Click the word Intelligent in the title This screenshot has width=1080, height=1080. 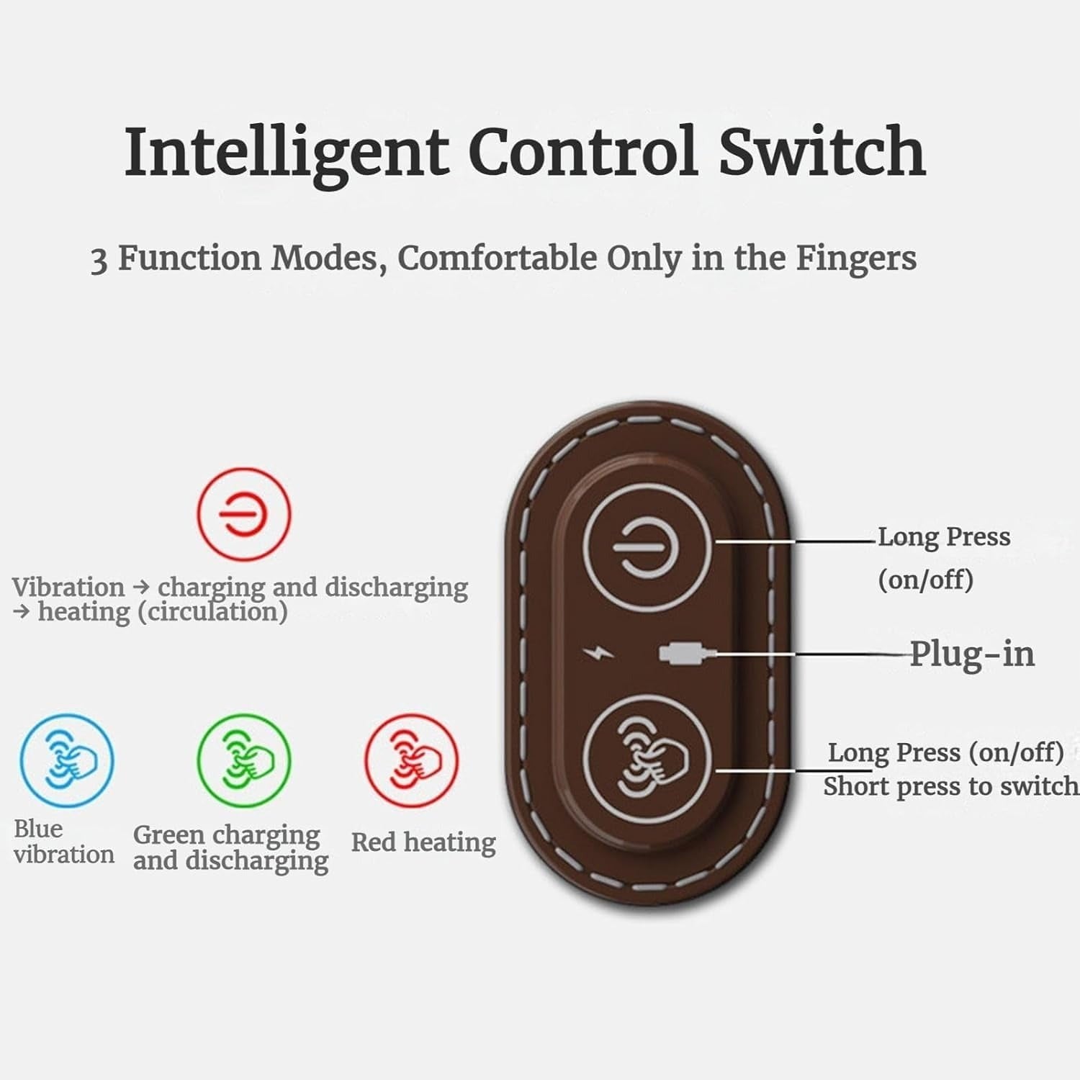286,153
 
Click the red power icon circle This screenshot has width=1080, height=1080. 244,513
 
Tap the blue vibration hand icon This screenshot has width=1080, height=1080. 66,760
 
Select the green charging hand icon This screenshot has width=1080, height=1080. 244,760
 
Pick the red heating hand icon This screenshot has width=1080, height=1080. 411,760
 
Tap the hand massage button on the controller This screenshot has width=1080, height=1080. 647,760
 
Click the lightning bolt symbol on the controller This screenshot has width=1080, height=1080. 599,654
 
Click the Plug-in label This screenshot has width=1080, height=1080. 972,654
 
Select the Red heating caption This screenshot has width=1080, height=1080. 423,842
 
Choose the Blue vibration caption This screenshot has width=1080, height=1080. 63,842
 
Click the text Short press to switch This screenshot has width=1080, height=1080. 950,786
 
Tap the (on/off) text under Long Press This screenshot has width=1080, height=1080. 925,579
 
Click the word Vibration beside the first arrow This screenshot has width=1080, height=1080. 68,587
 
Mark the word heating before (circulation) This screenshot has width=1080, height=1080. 84,612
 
